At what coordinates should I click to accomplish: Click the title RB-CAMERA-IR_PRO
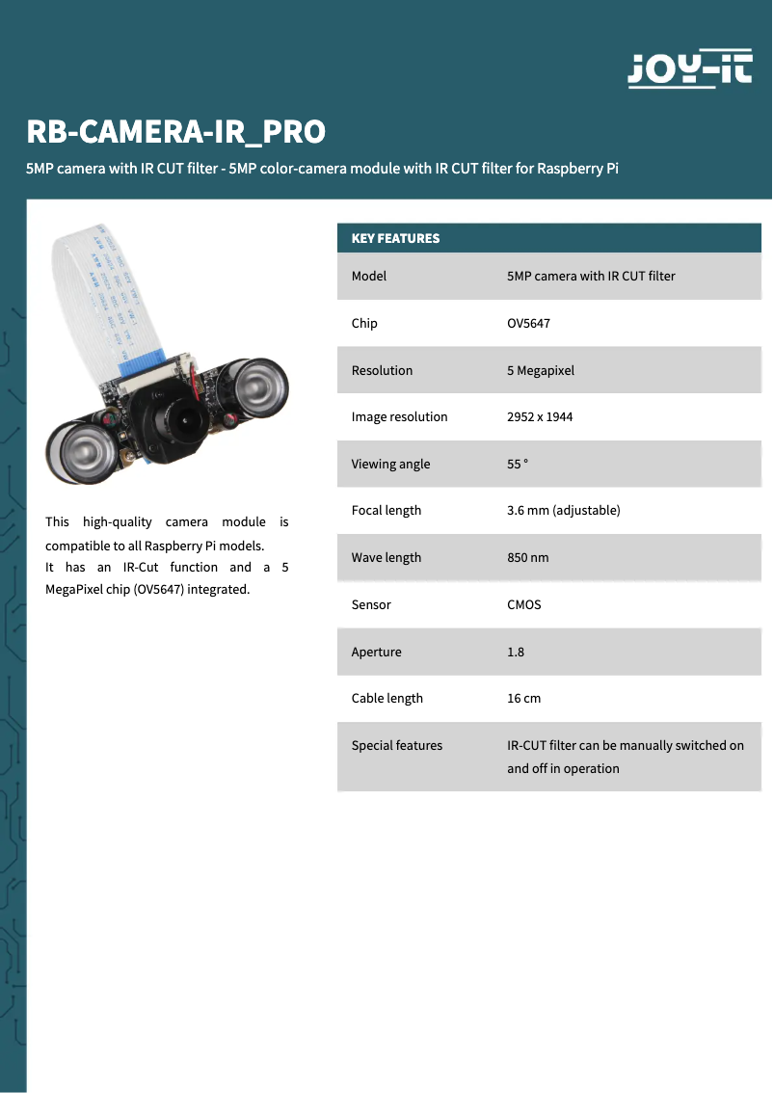tap(175, 131)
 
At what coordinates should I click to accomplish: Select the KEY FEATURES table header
tap(395, 238)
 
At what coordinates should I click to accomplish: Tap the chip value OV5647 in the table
tap(528, 323)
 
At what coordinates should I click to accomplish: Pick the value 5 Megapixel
tap(540, 370)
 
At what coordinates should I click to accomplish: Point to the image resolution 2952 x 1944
tap(540, 417)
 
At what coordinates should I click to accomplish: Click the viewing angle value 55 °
tap(518, 464)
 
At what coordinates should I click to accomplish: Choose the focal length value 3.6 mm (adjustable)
tap(563, 510)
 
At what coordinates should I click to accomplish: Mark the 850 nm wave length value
tap(527, 557)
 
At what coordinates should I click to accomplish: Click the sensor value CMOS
tap(524, 604)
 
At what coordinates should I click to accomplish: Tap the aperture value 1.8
tap(516, 652)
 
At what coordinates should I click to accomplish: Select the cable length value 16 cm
tap(523, 698)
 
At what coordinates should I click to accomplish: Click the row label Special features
tap(396, 745)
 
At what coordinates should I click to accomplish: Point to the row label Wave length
tap(386, 557)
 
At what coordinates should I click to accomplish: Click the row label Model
tap(368, 276)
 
